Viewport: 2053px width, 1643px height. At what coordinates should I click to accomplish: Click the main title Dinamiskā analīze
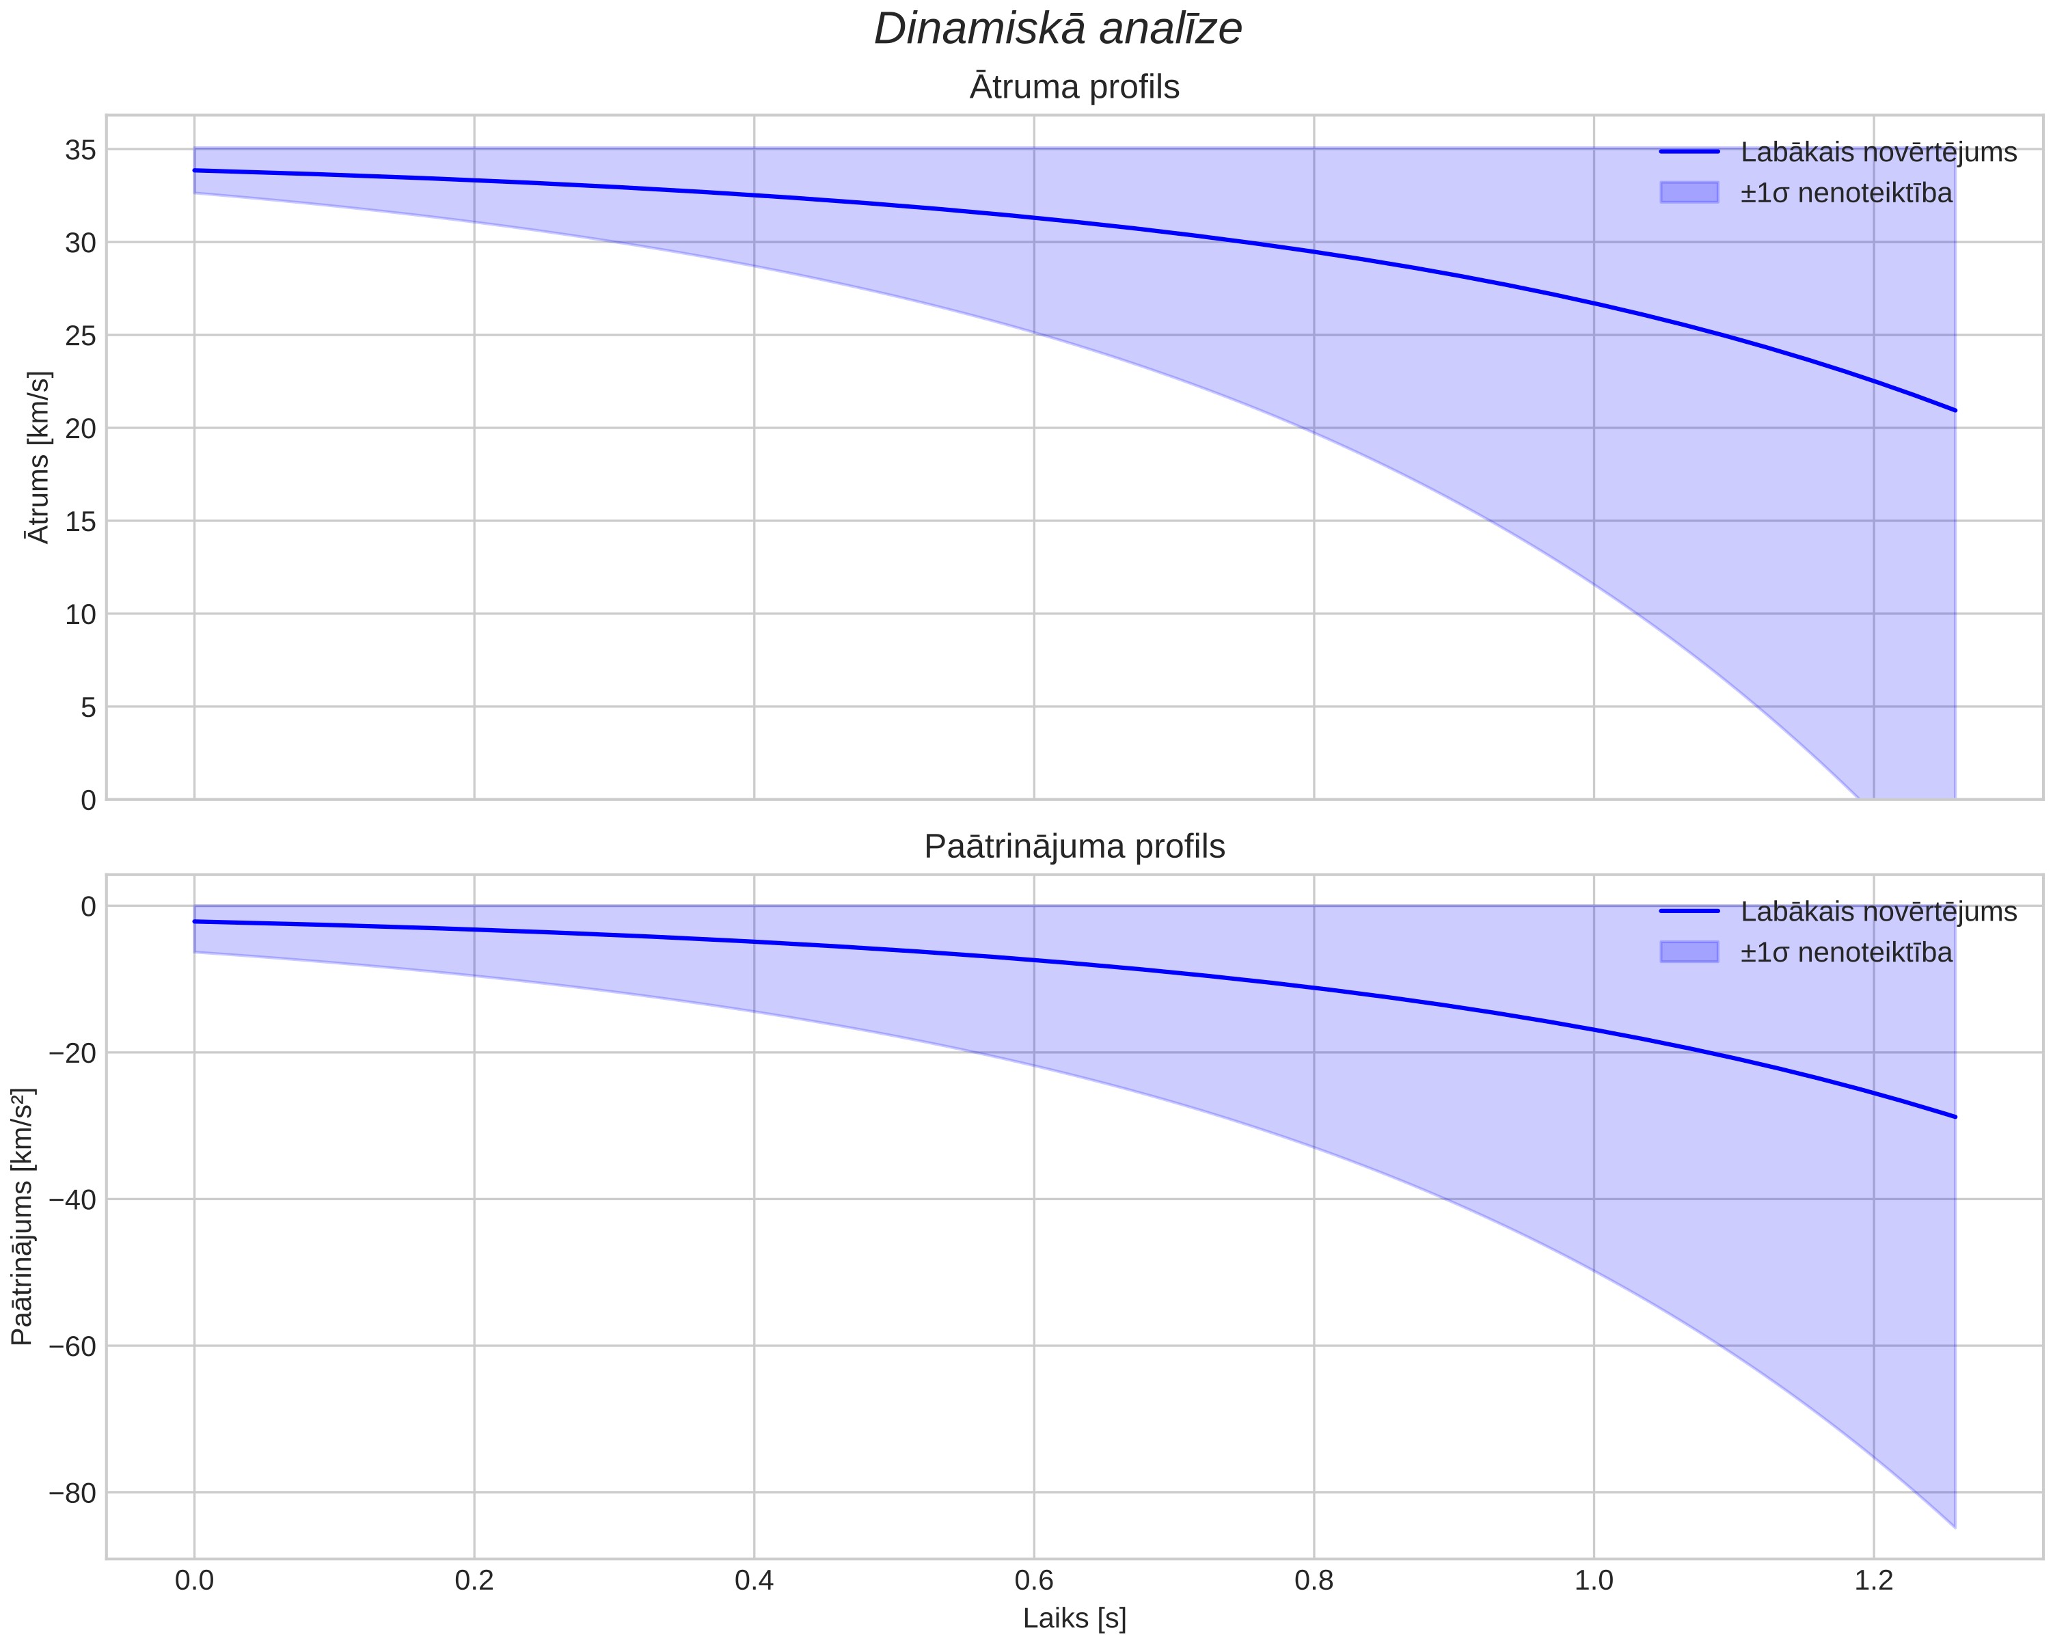point(1058,29)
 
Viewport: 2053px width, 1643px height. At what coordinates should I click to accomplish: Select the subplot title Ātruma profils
point(1074,87)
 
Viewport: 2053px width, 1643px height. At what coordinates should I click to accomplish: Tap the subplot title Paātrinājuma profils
point(1074,846)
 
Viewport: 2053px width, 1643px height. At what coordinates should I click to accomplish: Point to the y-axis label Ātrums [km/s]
point(38,457)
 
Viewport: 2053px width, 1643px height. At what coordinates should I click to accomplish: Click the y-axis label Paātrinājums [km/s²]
point(23,1217)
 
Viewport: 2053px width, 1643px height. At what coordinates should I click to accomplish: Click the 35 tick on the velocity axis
point(81,150)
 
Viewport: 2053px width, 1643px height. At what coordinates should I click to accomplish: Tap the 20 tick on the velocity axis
point(81,429)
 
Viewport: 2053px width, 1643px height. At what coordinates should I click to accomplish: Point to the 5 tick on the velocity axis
point(89,707)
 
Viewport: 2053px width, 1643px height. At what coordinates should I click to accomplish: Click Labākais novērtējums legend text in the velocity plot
point(1879,152)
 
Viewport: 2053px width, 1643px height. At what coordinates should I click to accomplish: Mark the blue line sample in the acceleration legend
point(1689,912)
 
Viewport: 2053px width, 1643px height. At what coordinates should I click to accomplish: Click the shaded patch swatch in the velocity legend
point(1689,193)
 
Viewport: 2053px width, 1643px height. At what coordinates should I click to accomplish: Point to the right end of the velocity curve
point(1955,411)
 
